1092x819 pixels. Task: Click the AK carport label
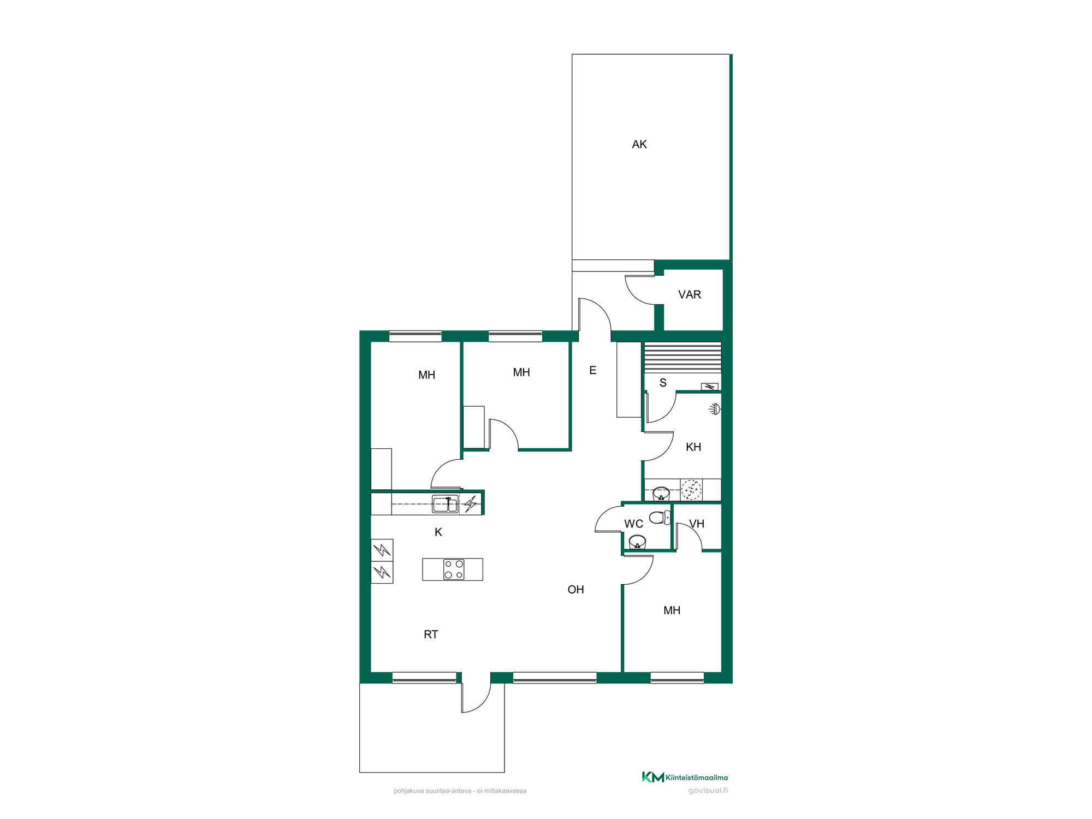(639, 144)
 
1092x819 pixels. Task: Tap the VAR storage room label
(689, 295)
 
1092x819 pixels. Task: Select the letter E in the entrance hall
(592, 371)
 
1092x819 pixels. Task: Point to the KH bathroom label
(693, 447)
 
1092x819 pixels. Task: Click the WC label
(633, 524)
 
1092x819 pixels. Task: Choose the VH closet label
(697, 524)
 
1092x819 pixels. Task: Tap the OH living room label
(575, 590)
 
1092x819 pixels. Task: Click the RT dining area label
(431, 634)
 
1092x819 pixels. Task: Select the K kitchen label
(438, 532)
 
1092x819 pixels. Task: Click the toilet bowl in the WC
(660, 517)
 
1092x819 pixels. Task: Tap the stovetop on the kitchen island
(454, 569)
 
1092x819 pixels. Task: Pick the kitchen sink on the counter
(445, 504)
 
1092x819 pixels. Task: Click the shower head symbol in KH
(715, 409)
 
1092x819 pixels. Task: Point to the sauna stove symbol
(709, 387)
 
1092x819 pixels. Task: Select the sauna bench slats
(682, 358)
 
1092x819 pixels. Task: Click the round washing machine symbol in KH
(691, 490)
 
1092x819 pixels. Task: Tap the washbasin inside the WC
(637, 542)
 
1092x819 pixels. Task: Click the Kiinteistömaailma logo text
(697, 778)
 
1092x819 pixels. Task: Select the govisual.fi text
(708, 791)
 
